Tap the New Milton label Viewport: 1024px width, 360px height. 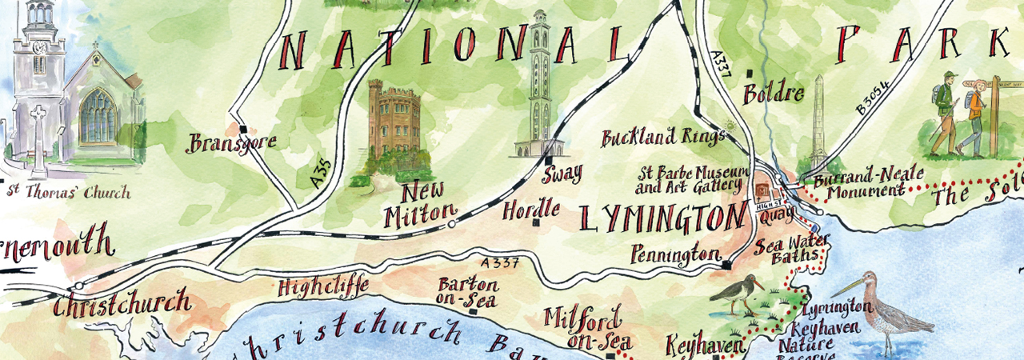pos(418,205)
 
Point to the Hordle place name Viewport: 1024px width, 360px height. pos(530,211)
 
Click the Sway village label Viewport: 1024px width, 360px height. pos(562,174)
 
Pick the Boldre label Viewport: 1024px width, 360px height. pos(773,94)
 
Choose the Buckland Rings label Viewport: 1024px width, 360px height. pos(662,138)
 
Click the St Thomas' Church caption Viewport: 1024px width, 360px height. pos(67,193)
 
